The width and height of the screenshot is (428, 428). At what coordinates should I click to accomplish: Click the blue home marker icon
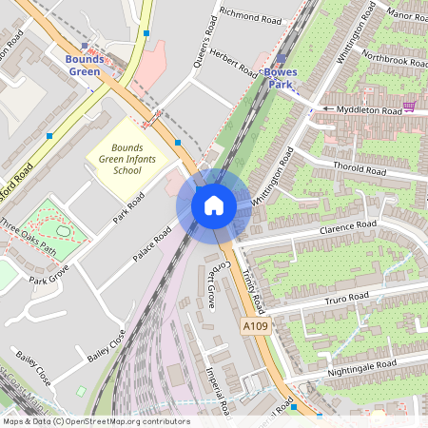pos(214,204)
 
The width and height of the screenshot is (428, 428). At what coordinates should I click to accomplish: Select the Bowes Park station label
pos(281,78)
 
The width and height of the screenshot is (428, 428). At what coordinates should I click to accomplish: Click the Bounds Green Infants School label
pos(126,159)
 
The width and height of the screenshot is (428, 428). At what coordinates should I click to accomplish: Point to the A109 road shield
pos(254,326)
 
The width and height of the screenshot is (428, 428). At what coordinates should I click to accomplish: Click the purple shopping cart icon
pos(410,107)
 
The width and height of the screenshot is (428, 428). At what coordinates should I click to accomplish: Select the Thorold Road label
pos(359,170)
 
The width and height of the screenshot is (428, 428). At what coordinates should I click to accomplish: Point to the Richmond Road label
pos(250,16)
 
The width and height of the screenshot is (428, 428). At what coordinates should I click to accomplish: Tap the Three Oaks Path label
pos(29,238)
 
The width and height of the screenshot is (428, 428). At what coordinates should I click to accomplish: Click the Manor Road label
pos(408,16)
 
